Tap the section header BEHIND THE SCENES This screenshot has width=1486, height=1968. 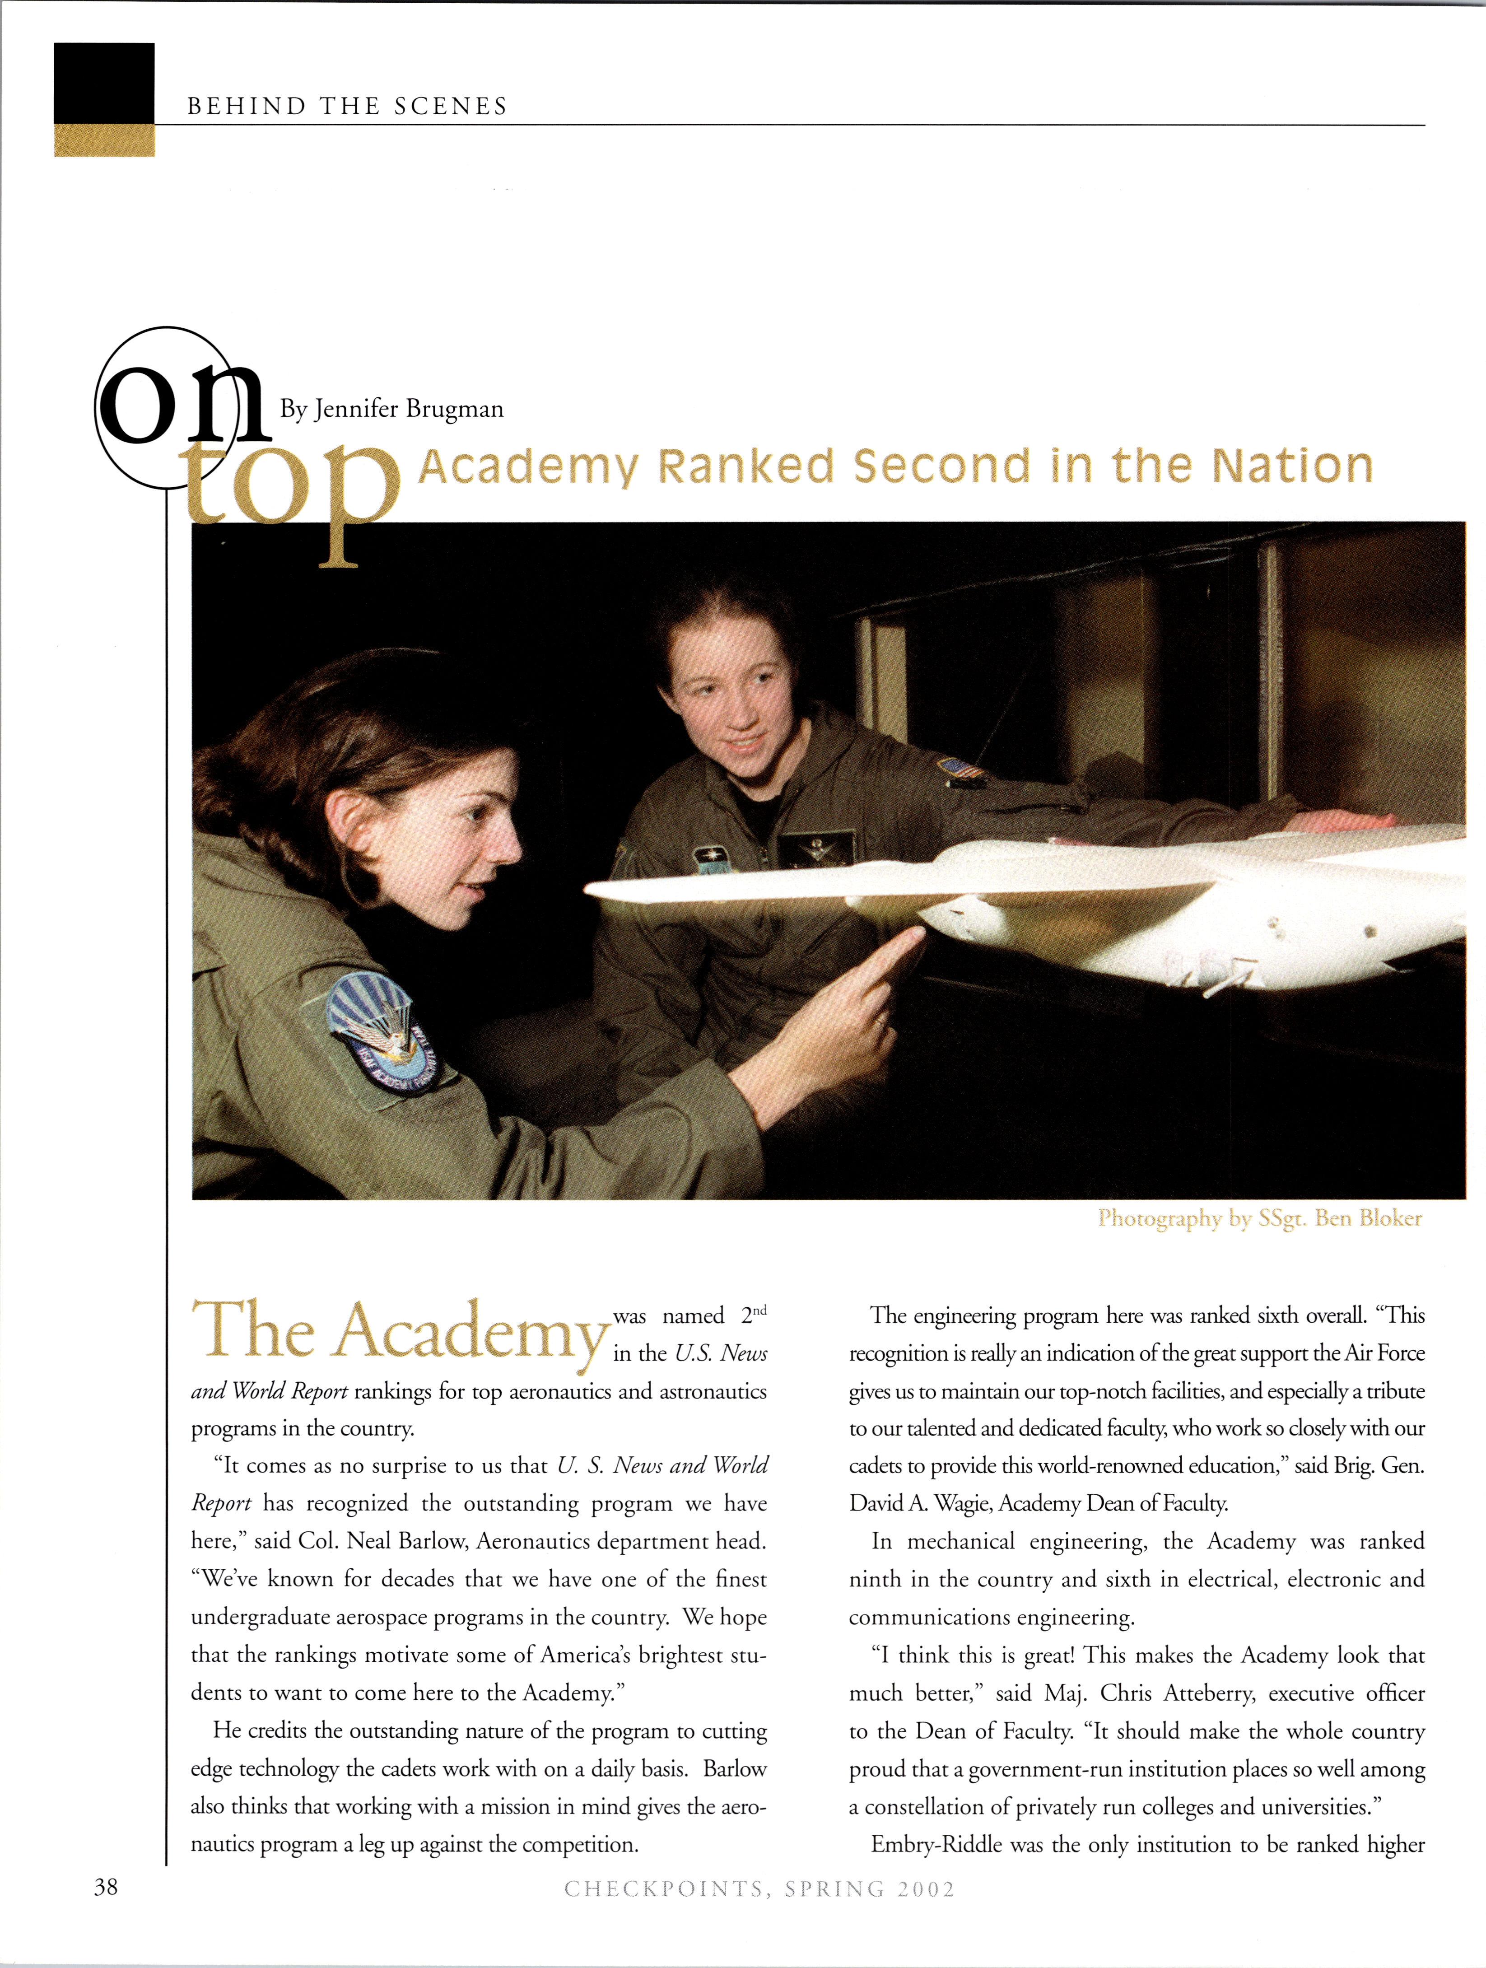click(347, 107)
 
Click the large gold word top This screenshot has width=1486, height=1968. click(293, 498)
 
